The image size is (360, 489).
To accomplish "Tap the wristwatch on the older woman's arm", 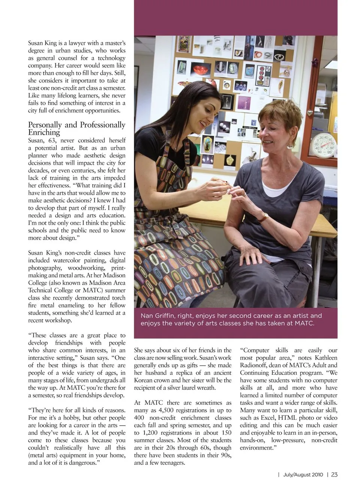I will coord(264,217).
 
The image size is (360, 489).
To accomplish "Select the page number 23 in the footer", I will coord(334,474).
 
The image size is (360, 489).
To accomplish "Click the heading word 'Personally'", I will coord(45,125).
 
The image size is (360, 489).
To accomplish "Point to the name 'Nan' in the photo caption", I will coord(146,316).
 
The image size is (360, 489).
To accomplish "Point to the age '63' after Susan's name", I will coord(52,141).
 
